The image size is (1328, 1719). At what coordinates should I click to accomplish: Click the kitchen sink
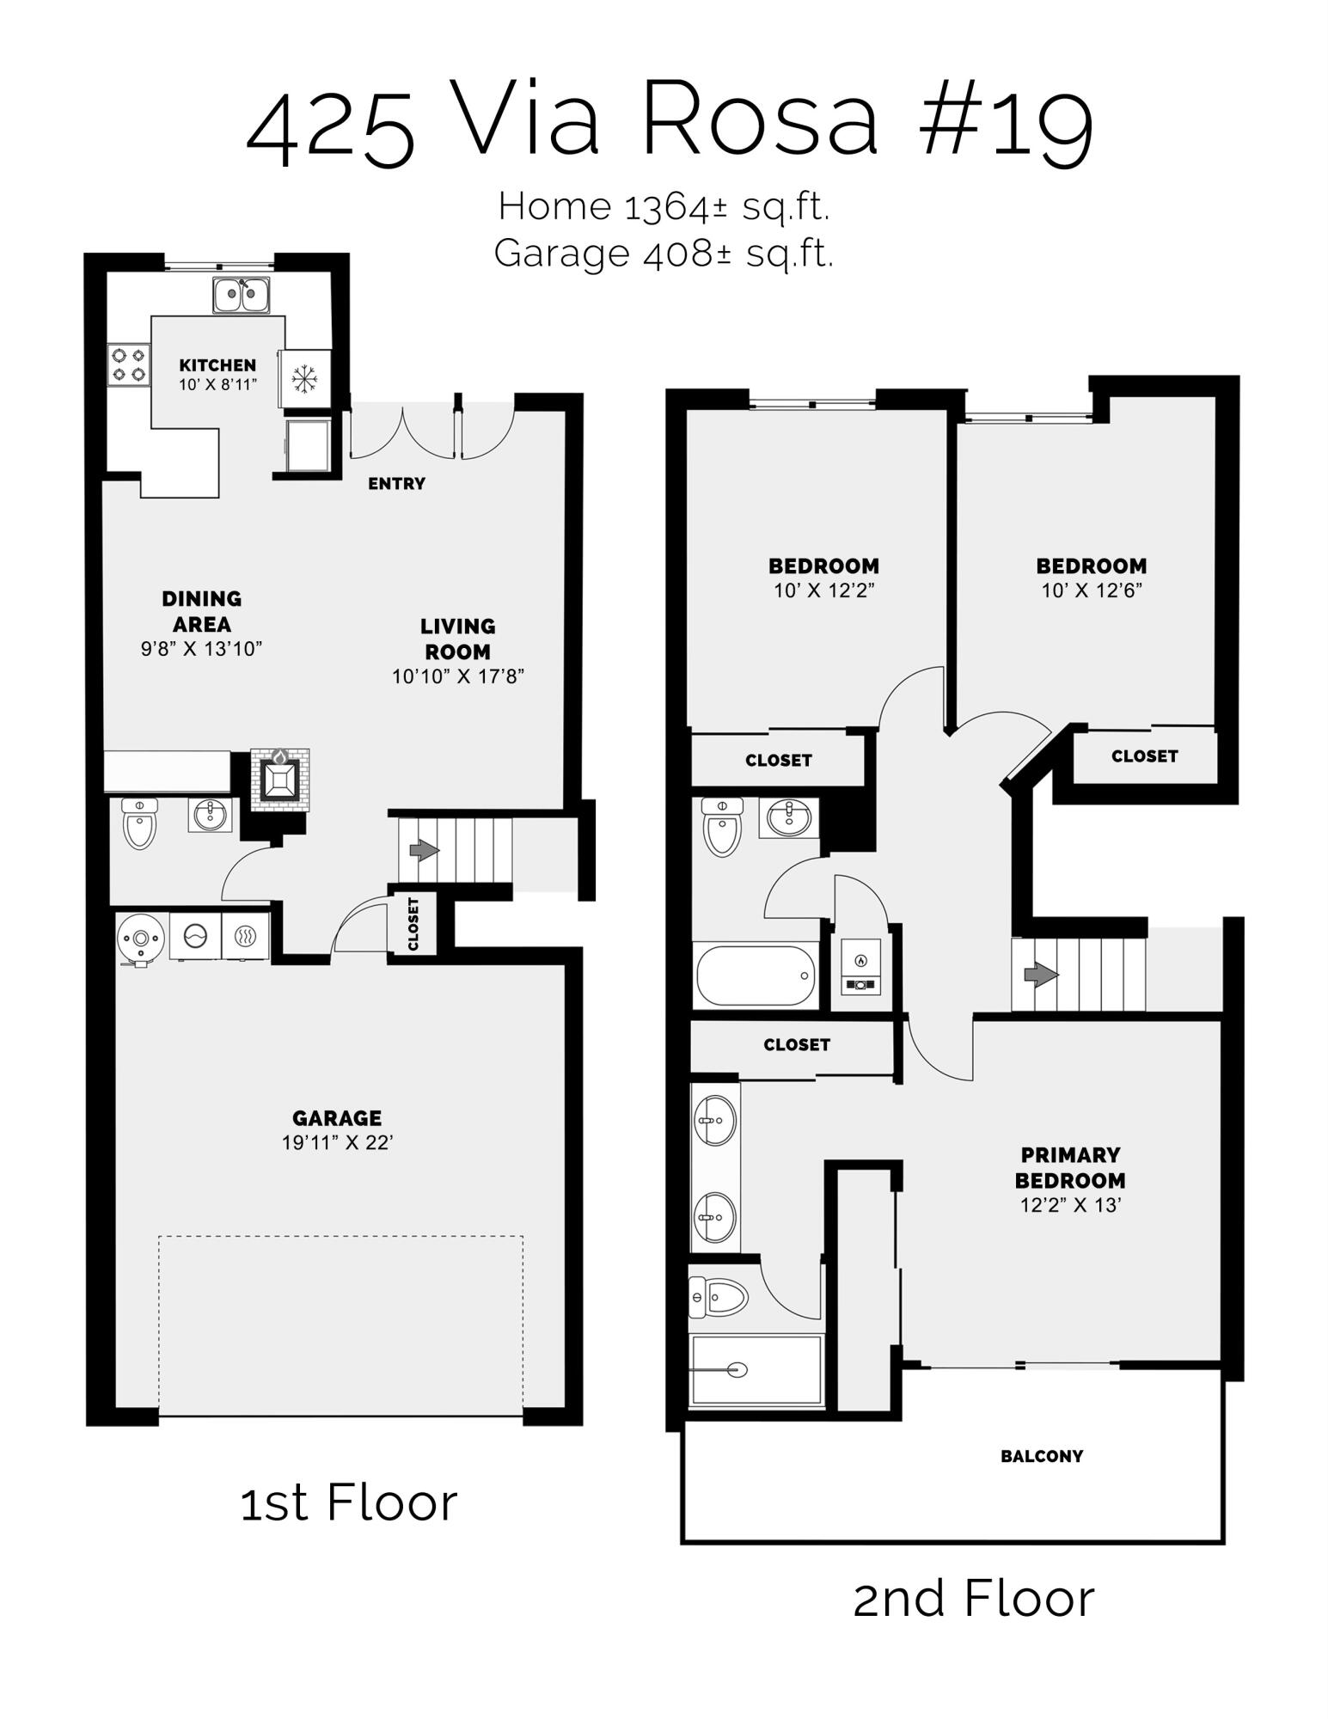(x=241, y=295)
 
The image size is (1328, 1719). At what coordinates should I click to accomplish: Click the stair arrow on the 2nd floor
(x=1041, y=976)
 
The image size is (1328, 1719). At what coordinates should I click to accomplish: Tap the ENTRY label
(x=396, y=484)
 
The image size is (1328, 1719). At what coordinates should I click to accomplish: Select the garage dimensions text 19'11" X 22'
(x=337, y=1142)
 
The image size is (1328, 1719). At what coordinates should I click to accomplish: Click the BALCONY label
(x=1041, y=1456)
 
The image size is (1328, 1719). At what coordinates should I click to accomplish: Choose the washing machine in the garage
(x=196, y=936)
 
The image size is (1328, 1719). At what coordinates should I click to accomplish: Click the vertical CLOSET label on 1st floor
(x=413, y=924)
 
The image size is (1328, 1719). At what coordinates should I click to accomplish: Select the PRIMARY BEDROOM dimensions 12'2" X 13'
(x=1070, y=1205)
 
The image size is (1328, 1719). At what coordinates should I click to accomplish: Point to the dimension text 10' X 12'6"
(x=1092, y=590)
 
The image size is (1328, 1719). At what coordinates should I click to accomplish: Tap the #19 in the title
(x=1006, y=122)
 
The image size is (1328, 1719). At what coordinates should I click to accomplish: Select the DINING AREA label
(x=202, y=611)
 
